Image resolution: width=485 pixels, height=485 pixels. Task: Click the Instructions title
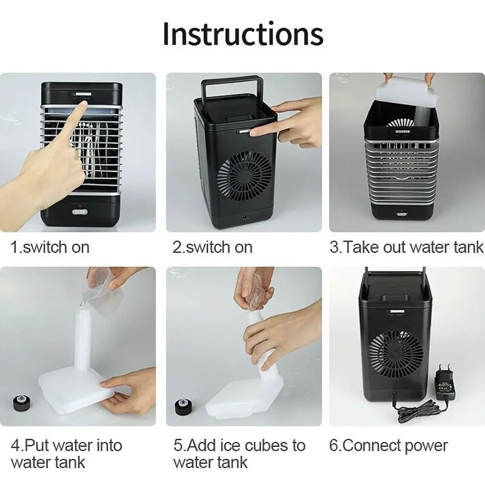coord(242,34)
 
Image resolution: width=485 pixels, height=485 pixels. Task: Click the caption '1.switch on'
coord(50,247)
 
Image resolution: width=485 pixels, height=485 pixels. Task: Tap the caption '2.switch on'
coord(212,247)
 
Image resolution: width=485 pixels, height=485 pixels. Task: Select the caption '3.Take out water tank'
coord(406,247)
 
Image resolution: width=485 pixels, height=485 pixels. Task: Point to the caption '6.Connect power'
coord(388,445)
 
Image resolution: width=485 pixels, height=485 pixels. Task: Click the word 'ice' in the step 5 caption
coord(228,445)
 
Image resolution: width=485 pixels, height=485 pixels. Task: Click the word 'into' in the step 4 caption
coord(104,445)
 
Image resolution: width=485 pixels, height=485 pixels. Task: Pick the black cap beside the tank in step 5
coord(181,407)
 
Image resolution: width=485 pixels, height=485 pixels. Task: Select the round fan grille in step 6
coord(397,354)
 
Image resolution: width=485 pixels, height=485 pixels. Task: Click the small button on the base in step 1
coord(78,211)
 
